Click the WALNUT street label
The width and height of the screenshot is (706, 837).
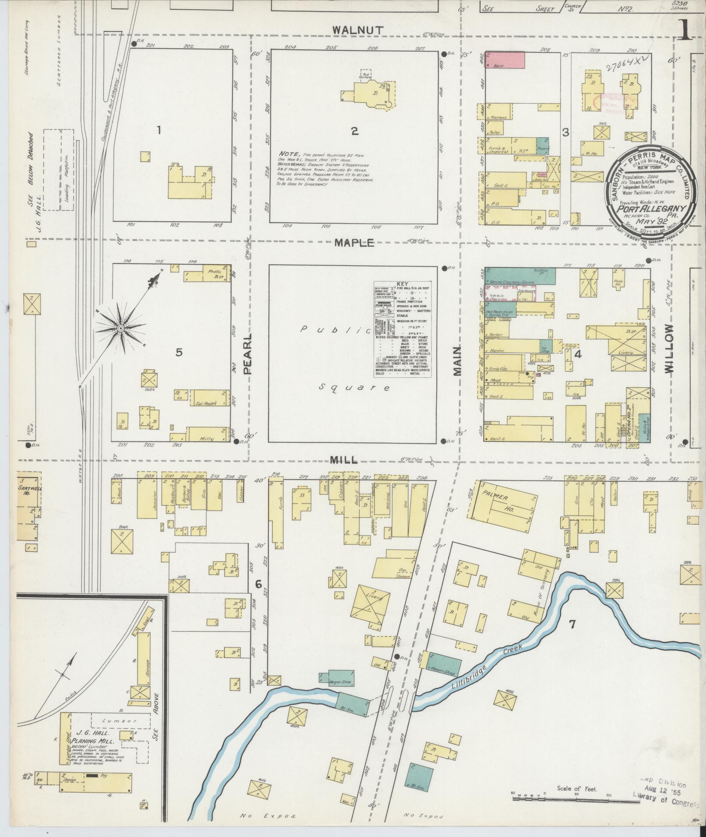click(358, 30)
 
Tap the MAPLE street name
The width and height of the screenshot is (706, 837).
click(355, 243)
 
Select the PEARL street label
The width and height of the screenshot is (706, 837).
click(248, 354)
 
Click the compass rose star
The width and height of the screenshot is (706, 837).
click(119, 328)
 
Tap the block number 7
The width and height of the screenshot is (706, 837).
click(571, 624)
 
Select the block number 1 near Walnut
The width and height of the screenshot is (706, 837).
click(159, 130)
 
